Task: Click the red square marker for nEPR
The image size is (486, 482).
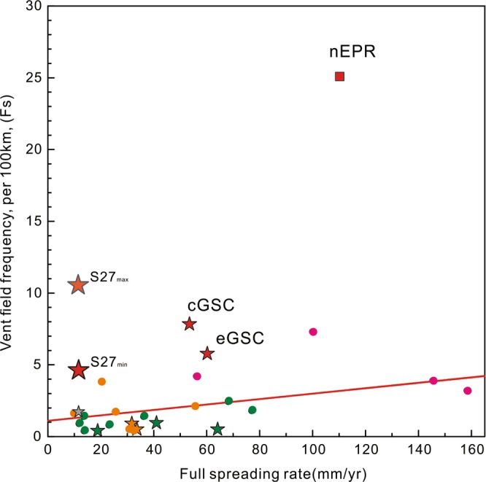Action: tap(339, 76)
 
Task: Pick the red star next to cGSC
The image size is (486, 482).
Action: tap(190, 324)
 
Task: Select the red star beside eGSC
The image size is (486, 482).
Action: tap(207, 354)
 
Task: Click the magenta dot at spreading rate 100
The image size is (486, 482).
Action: tap(313, 332)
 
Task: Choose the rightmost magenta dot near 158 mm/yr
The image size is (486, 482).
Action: tap(468, 391)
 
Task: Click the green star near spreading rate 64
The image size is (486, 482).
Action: tap(217, 429)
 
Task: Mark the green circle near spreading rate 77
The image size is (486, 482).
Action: tap(252, 410)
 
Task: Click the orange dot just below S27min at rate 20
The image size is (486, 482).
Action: tap(101, 381)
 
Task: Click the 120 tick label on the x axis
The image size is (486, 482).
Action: tap(366, 451)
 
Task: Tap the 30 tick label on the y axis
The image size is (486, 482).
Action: tap(33, 7)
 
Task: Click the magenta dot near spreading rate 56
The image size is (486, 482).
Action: tap(197, 376)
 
